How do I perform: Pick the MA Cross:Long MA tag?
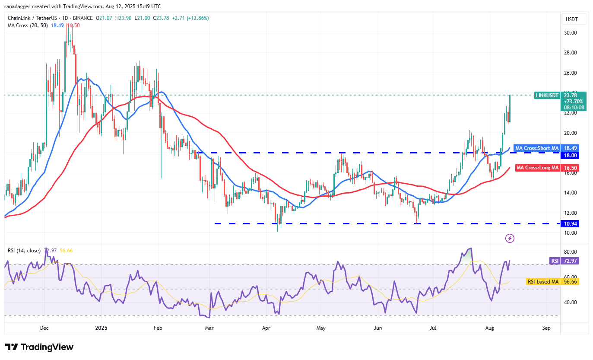(537, 168)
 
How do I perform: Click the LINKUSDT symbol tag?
(547, 95)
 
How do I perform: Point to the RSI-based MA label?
(543, 282)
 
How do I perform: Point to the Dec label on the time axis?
(44, 328)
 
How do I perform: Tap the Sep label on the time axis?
(546, 328)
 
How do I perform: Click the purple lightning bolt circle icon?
(510, 238)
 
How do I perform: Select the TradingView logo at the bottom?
(39, 347)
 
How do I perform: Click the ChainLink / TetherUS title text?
(32, 18)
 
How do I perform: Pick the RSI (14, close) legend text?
(24, 251)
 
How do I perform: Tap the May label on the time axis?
(320, 328)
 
